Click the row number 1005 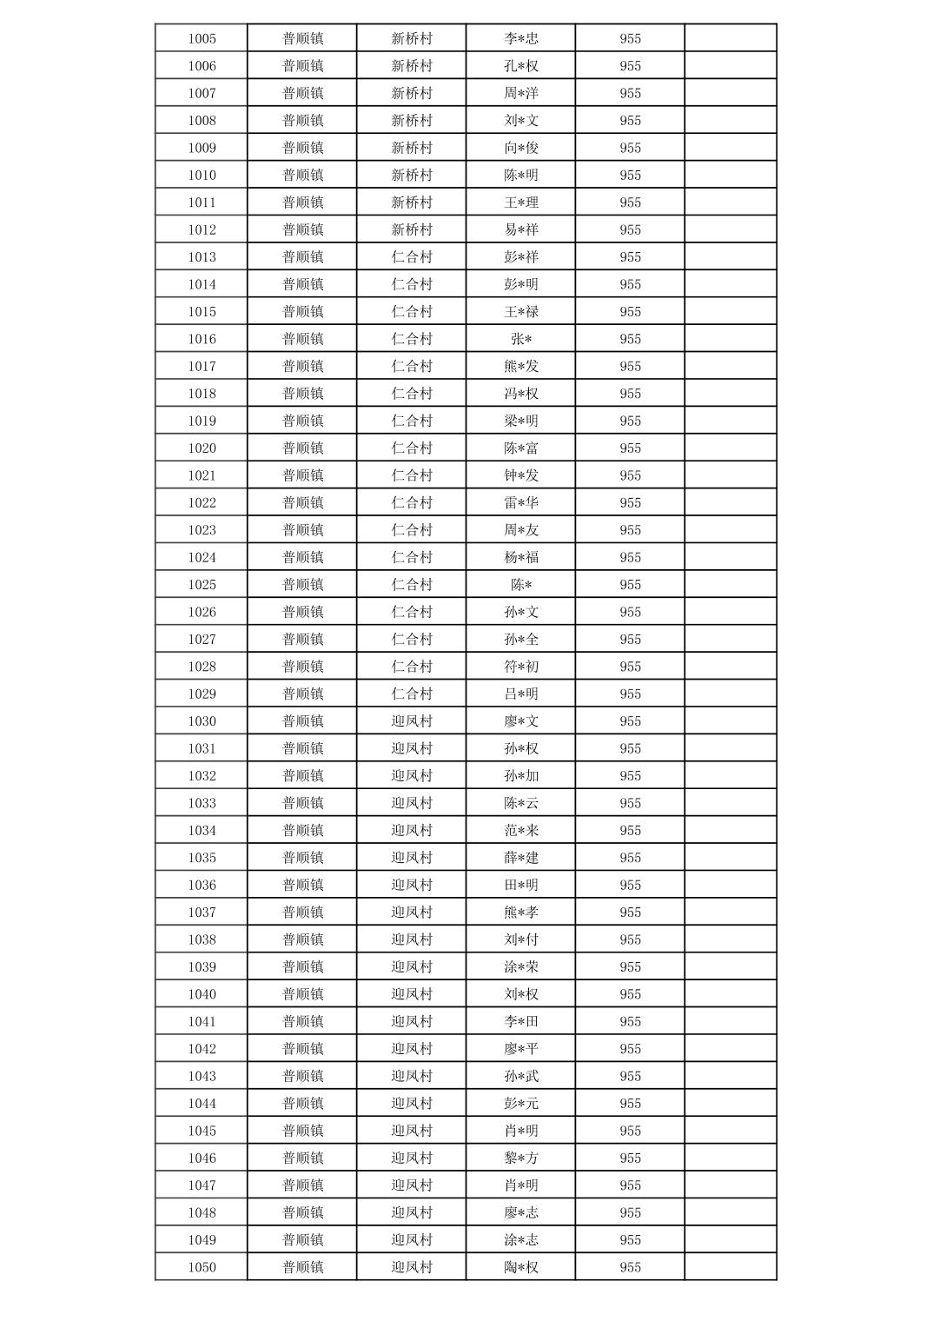pyautogui.click(x=202, y=38)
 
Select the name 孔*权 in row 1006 pyautogui.click(x=521, y=66)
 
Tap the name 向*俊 pyautogui.click(x=521, y=148)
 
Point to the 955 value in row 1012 pyautogui.click(x=630, y=229)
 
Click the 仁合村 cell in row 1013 pyautogui.click(x=411, y=257)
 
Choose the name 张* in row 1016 pyautogui.click(x=521, y=339)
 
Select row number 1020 pyautogui.click(x=202, y=448)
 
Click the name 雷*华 pyautogui.click(x=521, y=502)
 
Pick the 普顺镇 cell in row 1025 pyautogui.click(x=302, y=585)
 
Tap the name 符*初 pyautogui.click(x=521, y=667)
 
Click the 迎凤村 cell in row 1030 pyautogui.click(x=411, y=721)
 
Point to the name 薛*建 pyautogui.click(x=521, y=858)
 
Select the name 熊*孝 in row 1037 pyautogui.click(x=521, y=913)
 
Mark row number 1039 pyautogui.click(x=202, y=967)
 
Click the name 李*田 pyautogui.click(x=521, y=1021)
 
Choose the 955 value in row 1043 pyautogui.click(x=630, y=1076)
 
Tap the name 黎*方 pyautogui.click(x=521, y=1158)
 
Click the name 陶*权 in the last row pyautogui.click(x=521, y=1267)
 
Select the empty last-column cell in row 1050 pyautogui.click(x=730, y=1267)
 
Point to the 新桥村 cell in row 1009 pyautogui.click(x=411, y=148)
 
